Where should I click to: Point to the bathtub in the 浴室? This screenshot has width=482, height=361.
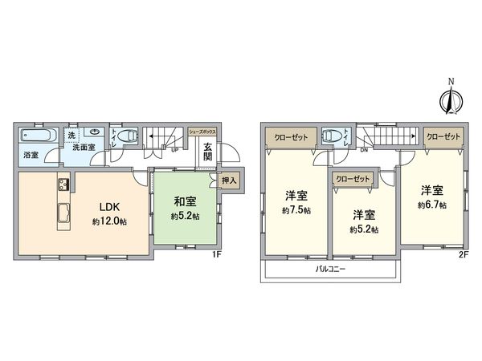pos(35,134)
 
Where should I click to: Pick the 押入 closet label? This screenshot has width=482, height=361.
pos(228,180)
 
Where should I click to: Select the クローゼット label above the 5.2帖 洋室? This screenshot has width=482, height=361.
pos(352,180)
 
